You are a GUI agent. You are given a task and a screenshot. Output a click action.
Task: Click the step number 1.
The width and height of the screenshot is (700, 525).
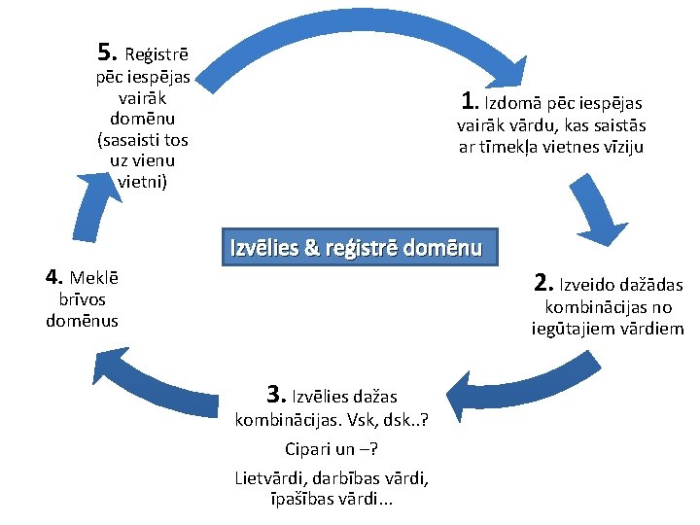470,100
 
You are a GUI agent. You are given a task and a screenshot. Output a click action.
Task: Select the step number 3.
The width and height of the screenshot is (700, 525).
275,395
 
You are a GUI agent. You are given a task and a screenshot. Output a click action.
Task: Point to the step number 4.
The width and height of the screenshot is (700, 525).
54,276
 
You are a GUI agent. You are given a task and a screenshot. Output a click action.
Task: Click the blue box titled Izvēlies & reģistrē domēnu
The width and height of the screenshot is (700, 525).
356,247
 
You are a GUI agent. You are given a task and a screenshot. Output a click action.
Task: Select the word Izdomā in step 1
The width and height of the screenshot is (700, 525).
514,103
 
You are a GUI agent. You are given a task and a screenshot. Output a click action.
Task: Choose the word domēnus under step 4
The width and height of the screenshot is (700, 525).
83,321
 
